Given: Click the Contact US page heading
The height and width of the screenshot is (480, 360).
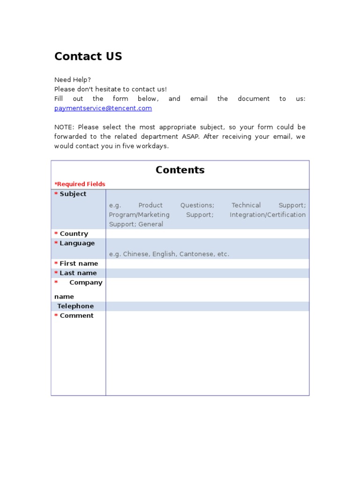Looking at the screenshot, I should (x=88, y=57).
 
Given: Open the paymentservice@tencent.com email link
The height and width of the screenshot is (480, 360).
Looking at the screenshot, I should (x=103, y=108).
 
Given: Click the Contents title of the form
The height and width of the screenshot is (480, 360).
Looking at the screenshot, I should (x=180, y=170).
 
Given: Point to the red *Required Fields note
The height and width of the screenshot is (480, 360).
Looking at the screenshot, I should (x=80, y=184).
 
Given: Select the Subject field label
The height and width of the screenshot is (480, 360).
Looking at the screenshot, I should (x=73, y=194).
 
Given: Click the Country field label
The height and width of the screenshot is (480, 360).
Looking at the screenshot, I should (x=74, y=234).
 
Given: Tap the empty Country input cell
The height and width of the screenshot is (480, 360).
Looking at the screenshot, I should (x=207, y=234).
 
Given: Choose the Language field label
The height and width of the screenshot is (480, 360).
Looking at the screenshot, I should (x=77, y=243).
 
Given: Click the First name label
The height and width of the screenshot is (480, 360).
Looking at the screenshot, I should (x=79, y=263).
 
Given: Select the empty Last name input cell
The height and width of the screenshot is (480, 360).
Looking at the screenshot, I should (x=207, y=273).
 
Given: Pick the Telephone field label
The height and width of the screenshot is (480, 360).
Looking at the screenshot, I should (x=75, y=306).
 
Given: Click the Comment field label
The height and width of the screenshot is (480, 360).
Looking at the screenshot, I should (x=76, y=316).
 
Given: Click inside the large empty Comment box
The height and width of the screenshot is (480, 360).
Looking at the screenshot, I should (x=207, y=354).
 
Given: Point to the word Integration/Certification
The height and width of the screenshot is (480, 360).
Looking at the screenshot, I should (x=268, y=215).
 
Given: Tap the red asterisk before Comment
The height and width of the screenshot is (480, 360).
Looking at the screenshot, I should (x=56, y=316).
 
